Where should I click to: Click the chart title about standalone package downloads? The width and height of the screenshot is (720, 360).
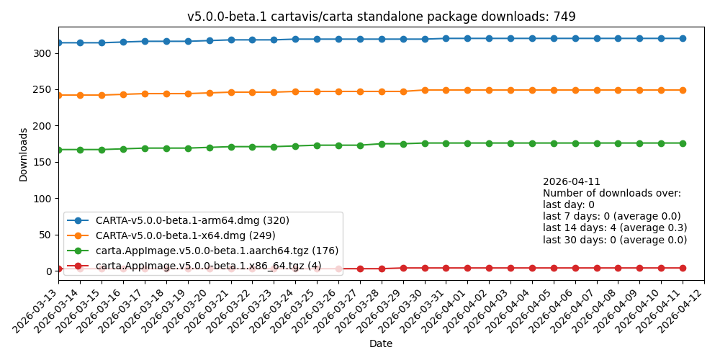[381, 17]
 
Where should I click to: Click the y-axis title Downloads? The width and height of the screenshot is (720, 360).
[24, 154]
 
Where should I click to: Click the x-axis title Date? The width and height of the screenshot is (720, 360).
[381, 344]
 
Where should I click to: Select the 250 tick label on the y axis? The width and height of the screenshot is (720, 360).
[42, 90]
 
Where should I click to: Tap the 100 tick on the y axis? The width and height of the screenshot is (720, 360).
[42, 199]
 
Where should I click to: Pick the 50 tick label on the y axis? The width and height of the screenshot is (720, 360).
[45, 235]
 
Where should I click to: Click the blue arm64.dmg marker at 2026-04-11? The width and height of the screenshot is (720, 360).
[683, 38]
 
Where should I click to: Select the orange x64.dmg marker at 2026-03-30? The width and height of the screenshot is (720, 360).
[425, 90]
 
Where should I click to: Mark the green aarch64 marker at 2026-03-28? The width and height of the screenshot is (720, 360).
[382, 144]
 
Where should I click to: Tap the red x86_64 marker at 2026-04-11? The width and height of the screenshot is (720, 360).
[683, 268]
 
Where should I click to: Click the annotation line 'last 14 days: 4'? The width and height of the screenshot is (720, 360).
[615, 228]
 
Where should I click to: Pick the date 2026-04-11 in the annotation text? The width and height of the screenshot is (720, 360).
[572, 182]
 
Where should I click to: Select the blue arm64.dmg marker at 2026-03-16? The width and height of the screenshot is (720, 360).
[123, 42]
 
